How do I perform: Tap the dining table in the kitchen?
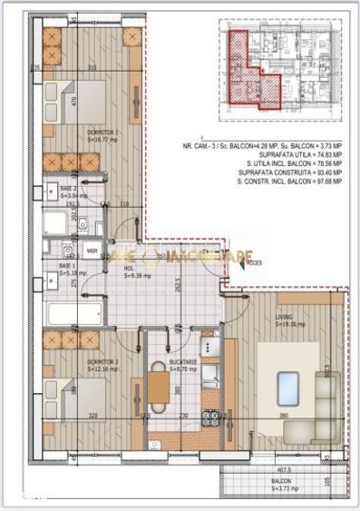(159, 388)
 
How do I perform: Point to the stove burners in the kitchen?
(210, 418)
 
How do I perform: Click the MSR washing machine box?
(92, 250)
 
